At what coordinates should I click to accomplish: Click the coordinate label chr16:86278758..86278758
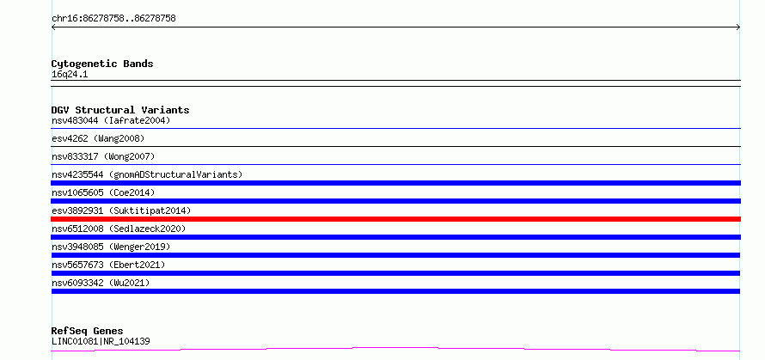(113, 19)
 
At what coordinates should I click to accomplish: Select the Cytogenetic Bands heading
(102, 64)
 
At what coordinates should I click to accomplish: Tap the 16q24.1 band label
(70, 75)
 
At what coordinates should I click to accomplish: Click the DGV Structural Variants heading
(120, 110)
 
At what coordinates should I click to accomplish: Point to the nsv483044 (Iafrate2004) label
(111, 120)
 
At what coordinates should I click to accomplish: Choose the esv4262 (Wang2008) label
(98, 138)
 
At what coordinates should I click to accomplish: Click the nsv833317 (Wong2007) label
(103, 156)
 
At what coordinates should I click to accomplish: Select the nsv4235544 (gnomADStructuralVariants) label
(147, 174)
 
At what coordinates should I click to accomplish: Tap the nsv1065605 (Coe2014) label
(103, 192)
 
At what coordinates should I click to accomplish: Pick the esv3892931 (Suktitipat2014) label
(121, 211)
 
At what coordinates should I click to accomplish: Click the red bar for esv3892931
(395, 219)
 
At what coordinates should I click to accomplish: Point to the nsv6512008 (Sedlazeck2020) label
(119, 229)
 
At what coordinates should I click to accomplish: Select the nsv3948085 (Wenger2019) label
(111, 247)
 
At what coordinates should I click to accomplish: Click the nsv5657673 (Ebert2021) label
(108, 265)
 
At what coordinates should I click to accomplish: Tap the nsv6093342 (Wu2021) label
(101, 283)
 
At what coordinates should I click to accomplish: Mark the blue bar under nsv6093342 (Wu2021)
(395, 291)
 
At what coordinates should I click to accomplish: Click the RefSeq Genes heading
(87, 331)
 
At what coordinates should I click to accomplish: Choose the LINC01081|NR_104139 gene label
(101, 341)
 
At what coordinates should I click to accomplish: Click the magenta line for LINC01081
(395, 349)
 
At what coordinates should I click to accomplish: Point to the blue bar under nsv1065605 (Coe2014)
(395, 201)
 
